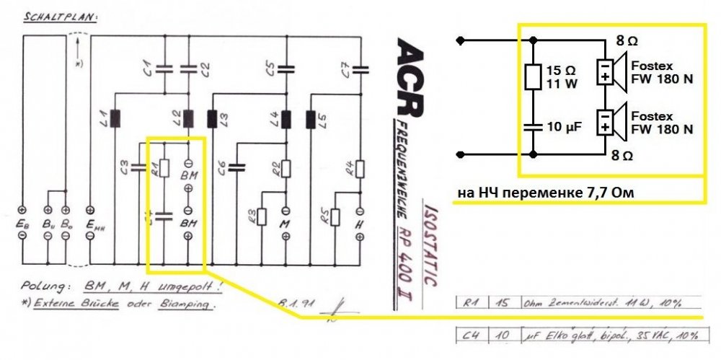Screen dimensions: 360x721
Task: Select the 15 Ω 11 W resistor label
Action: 562,77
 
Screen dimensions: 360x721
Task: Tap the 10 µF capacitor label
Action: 564,127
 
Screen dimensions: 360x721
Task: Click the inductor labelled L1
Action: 115,117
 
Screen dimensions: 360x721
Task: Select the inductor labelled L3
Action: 212,117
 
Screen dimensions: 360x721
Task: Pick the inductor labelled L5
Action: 311,117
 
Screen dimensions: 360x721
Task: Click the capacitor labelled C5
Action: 287,69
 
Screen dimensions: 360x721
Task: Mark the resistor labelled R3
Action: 261,216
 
